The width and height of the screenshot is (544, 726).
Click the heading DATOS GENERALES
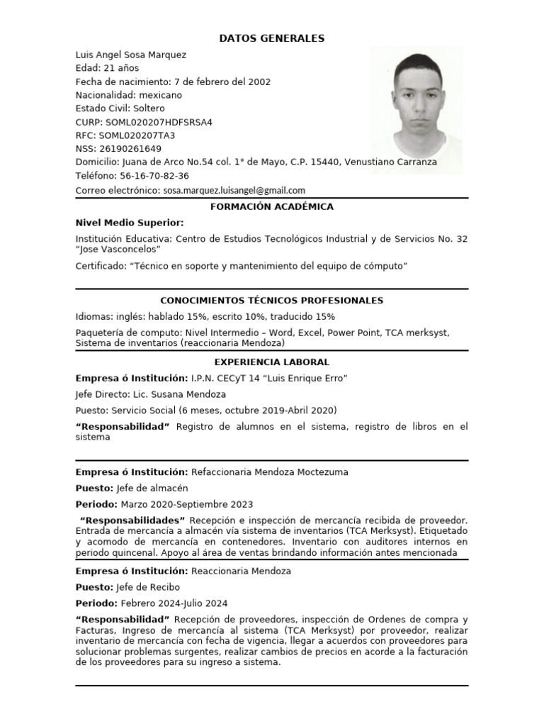click(271, 38)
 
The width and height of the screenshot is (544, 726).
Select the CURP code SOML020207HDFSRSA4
click(159, 122)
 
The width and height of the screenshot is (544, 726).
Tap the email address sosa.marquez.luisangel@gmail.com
click(234, 190)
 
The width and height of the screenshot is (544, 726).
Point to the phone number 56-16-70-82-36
click(154, 176)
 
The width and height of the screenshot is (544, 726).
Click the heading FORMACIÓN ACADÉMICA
click(272, 207)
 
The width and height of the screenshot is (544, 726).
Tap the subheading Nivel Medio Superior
click(130, 223)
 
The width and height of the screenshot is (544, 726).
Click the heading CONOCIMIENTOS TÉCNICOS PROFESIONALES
click(272, 301)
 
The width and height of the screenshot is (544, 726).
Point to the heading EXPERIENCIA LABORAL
click(272, 362)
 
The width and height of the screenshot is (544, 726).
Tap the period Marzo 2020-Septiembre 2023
click(187, 505)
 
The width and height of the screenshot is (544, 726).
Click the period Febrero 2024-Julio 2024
click(174, 603)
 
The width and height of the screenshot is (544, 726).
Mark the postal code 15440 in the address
click(325, 162)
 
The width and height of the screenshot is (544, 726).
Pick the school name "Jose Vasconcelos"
click(118, 250)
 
